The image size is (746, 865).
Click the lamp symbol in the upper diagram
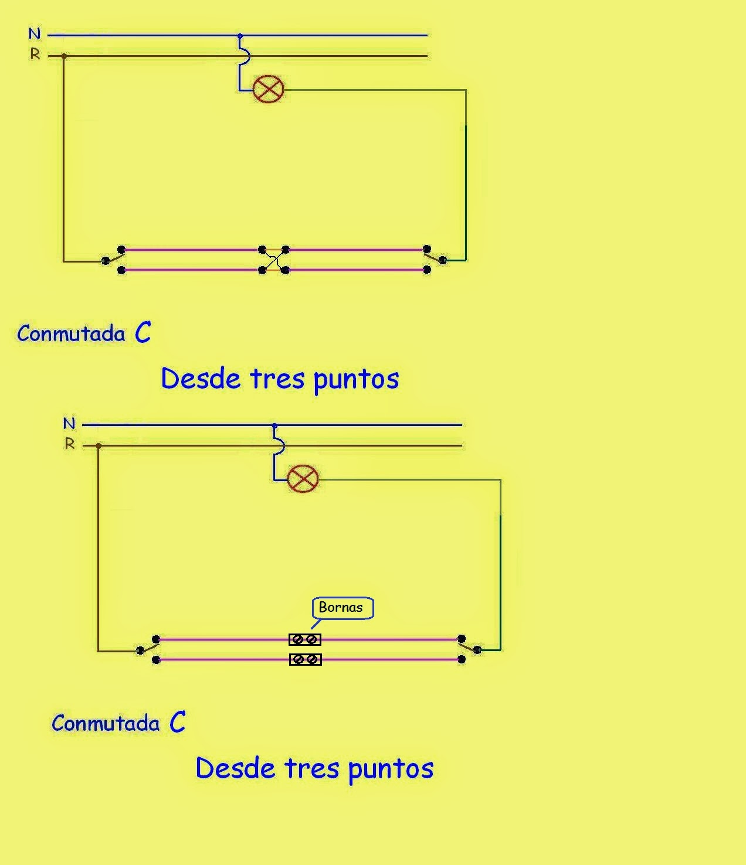(268, 89)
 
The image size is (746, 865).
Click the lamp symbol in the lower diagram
(303, 479)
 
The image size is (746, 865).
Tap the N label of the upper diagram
(35, 35)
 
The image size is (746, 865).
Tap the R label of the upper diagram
(35, 55)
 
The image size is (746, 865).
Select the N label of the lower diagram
(69, 423)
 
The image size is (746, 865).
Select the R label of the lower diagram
(70, 444)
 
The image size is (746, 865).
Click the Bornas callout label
(341, 608)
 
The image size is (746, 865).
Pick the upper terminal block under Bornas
(305, 639)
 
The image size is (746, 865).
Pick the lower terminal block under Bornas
(305, 660)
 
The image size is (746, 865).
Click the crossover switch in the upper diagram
(273, 260)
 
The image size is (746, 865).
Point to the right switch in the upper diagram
(435, 258)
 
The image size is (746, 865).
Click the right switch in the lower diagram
(469, 648)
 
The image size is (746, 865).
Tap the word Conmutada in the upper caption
(71, 334)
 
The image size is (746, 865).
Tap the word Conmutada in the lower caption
(106, 724)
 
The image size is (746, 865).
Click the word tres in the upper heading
(277, 379)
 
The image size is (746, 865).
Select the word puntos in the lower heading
(391, 769)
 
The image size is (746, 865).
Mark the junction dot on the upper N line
(240, 36)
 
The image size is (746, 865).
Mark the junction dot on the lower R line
(99, 446)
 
